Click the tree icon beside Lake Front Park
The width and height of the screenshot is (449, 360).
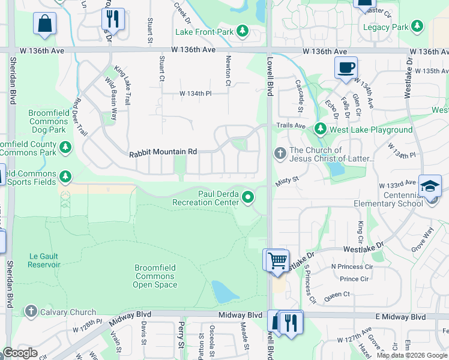[242, 31]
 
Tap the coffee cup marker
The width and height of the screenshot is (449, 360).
[345, 68]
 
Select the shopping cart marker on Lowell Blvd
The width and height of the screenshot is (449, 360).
[277, 261]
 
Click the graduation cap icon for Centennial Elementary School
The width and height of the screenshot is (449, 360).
[430, 187]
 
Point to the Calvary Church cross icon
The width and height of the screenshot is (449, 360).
[31, 311]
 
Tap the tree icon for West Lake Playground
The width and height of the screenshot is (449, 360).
[321, 129]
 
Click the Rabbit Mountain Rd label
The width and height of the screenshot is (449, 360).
[163, 153]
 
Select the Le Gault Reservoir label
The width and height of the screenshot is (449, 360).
[44, 260]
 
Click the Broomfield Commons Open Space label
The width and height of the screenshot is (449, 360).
[155, 277]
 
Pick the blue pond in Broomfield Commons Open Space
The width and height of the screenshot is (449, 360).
[224, 292]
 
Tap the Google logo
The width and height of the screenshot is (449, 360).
[20, 353]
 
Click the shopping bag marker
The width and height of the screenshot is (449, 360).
[45, 25]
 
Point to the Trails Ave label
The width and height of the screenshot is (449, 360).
[291, 125]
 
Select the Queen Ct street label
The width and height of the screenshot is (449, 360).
[337, 294]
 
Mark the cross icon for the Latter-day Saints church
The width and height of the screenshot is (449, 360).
[280, 154]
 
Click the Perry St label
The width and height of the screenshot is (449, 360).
[181, 338]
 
